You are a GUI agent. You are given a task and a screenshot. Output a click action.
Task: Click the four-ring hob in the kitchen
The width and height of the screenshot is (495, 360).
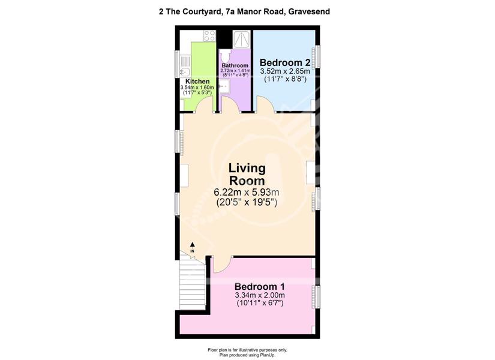click(x=209, y=35)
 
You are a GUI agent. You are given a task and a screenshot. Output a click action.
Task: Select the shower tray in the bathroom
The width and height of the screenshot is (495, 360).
click(x=242, y=39)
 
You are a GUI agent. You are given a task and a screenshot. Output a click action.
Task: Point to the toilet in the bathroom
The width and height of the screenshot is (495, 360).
click(x=226, y=56)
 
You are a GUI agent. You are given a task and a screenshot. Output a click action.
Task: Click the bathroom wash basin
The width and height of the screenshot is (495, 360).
click(x=225, y=86)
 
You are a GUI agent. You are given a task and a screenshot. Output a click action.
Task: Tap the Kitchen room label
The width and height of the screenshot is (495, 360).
click(x=197, y=82)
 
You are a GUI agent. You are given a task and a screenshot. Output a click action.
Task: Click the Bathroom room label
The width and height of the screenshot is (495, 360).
click(x=235, y=65)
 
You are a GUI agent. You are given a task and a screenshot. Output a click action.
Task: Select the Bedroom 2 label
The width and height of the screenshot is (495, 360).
click(x=285, y=62)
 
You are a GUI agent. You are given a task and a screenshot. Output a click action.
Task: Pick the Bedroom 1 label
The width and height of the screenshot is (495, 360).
click(x=260, y=287)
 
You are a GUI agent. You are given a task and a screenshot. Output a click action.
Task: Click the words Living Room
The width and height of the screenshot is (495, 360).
click(x=247, y=175)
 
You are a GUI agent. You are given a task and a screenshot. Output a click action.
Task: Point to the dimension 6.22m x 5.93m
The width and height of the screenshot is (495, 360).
click(x=247, y=192)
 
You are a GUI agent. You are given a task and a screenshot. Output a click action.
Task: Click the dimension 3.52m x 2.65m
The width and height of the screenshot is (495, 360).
click(x=285, y=71)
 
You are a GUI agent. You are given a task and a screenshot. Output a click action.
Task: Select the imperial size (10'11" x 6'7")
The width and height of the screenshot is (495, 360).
click(x=260, y=304)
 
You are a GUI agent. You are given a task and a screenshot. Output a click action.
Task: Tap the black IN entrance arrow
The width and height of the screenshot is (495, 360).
click(x=192, y=244)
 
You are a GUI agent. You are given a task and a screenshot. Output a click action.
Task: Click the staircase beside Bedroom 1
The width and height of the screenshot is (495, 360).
click(x=192, y=286)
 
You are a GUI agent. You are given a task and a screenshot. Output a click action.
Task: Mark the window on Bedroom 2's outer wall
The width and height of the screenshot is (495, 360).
click(x=318, y=56)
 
